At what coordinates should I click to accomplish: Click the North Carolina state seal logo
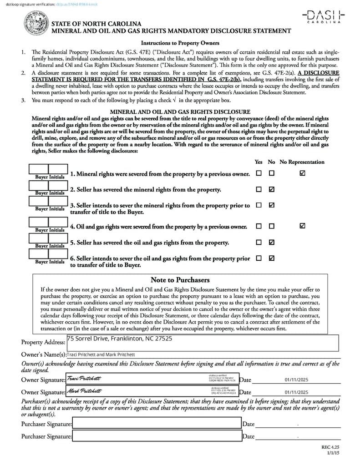tap(35, 24)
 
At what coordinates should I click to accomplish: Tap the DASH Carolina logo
tap(324, 16)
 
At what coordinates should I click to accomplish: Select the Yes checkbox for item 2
tap(259, 189)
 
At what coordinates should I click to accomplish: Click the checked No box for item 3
tap(272, 205)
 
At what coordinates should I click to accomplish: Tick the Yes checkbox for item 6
tap(259, 258)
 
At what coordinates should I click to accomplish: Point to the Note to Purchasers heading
tap(180, 280)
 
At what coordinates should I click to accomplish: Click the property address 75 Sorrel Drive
tap(120, 339)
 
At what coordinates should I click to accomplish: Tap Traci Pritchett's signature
tap(84, 379)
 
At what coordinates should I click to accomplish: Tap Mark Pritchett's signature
tap(85, 391)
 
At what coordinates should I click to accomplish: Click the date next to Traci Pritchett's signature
tap(296, 380)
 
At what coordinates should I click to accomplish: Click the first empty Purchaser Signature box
tap(157, 424)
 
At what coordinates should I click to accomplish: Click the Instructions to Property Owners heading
tap(180, 43)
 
